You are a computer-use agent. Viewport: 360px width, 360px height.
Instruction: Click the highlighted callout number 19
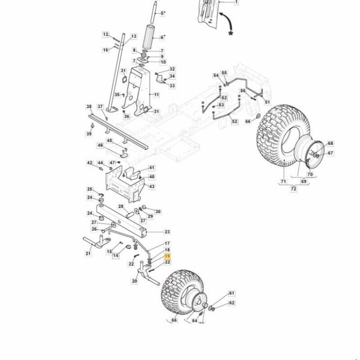coord(167,256)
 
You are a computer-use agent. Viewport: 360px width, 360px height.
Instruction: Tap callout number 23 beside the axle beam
coord(167,232)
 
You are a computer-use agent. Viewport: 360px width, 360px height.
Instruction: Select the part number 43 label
coord(152,186)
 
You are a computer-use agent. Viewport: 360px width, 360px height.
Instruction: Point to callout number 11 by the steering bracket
coord(157,95)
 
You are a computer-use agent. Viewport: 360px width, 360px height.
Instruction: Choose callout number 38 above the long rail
coord(89,107)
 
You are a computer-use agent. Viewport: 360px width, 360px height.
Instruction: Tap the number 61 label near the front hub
coord(232,293)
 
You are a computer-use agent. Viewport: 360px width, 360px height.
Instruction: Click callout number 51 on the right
coord(267,102)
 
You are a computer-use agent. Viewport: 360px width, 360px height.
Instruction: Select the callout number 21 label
coord(88,254)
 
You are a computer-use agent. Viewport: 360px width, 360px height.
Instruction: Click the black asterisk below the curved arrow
coord(231,33)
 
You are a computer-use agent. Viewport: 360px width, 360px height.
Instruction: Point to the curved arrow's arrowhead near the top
coord(220,14)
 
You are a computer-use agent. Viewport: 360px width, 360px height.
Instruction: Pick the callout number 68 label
coord(331,144)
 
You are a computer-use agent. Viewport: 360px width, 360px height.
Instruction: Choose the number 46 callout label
coord(100,145)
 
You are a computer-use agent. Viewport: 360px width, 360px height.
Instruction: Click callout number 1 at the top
coord(237,2)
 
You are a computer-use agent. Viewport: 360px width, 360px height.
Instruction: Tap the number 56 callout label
coord(243,91)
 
